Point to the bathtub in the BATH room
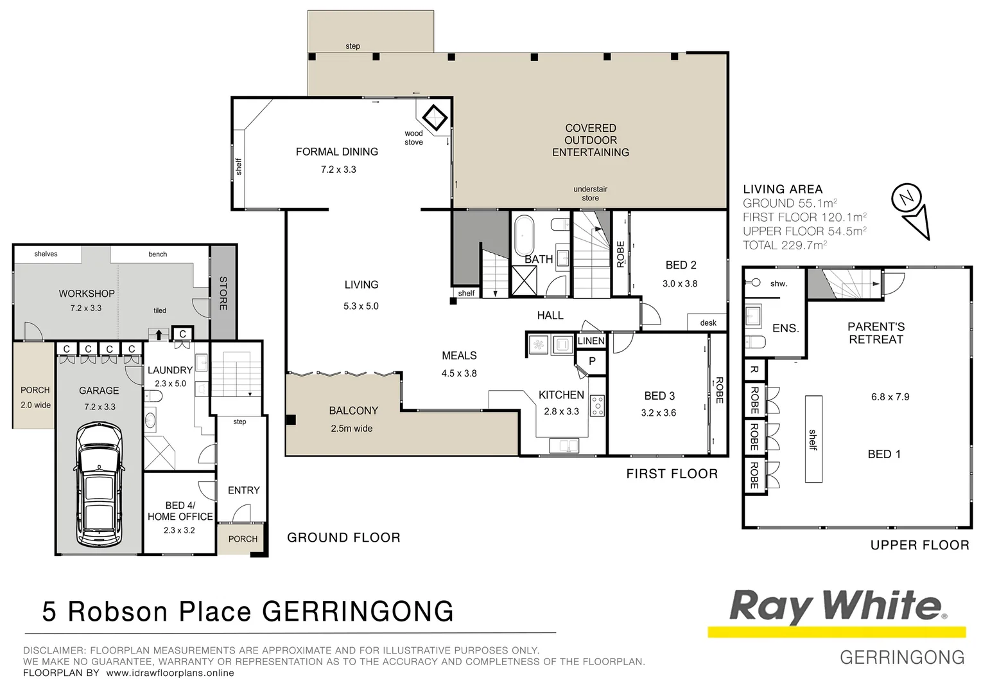click(x=525, y=235)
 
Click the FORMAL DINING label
click(x=336, y=152)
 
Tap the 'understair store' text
click(x=590, y=193)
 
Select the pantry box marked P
click(x=592, y=361)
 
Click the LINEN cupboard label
click(x=591, y=341)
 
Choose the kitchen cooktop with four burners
click(x=597, y=405)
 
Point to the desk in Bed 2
click(x=708, y=323)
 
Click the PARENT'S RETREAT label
click(x=876, y=333)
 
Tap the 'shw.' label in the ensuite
click(x=778, y=283)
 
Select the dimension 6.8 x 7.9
click(x=890, y=397)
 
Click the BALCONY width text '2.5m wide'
click(x=351, y=429)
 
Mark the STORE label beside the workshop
click(x=223, y=293)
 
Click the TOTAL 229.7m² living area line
click(x=784, y=245)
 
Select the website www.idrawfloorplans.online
click(x=169, y=673)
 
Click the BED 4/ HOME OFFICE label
click(x=180, y=511)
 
